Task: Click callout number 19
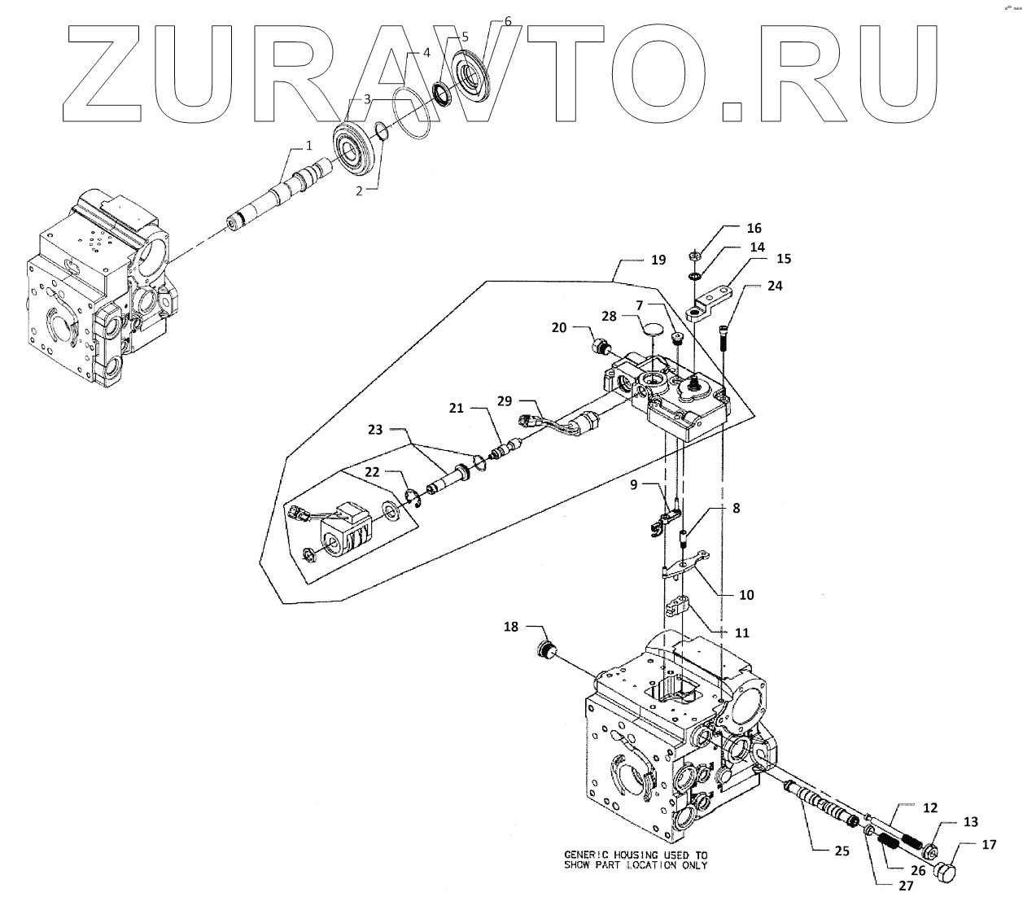click(x=658, y=260)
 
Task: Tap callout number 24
click(x=775, y=287)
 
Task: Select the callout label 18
click(x=510, y=627)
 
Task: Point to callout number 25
click(x=842, y=851)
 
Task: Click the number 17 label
click(x=989, y=845)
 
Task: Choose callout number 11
click(x=741, y=632)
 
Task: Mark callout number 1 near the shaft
click(x=308, y=146)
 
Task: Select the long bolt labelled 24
click(x=724, y=336)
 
